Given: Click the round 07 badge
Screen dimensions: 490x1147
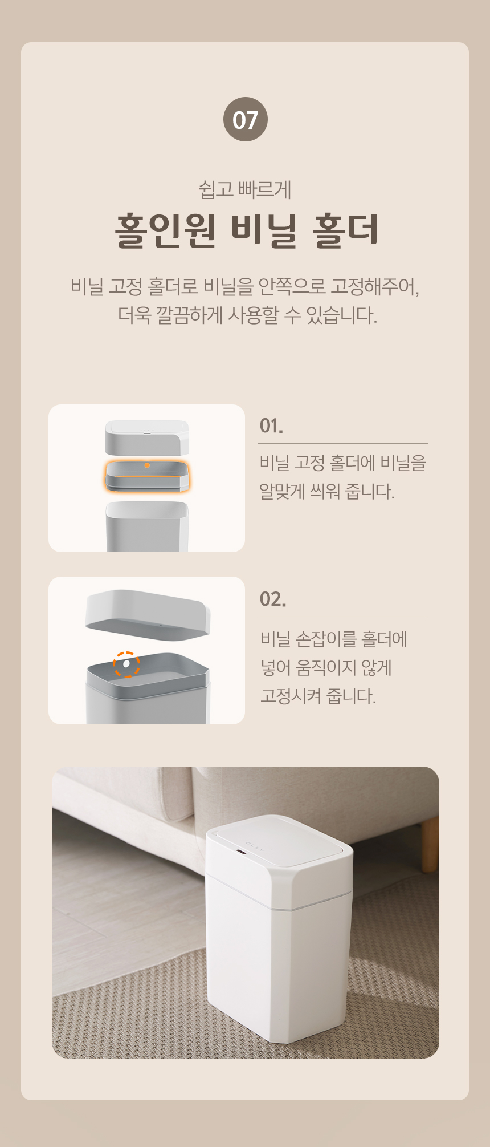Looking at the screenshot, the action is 245,119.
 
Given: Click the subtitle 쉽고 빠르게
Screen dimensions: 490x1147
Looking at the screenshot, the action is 245,189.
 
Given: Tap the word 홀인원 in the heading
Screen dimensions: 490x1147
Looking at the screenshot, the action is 166,231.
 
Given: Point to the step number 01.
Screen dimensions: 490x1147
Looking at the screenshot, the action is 271,425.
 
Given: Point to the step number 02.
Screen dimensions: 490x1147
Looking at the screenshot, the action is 272,599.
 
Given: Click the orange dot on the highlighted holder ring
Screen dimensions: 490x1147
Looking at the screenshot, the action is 147,465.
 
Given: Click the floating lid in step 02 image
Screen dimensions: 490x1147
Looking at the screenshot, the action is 148,615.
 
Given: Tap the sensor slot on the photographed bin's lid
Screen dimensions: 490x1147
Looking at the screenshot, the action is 240,853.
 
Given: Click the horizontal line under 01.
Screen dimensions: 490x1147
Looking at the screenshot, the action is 342,443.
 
